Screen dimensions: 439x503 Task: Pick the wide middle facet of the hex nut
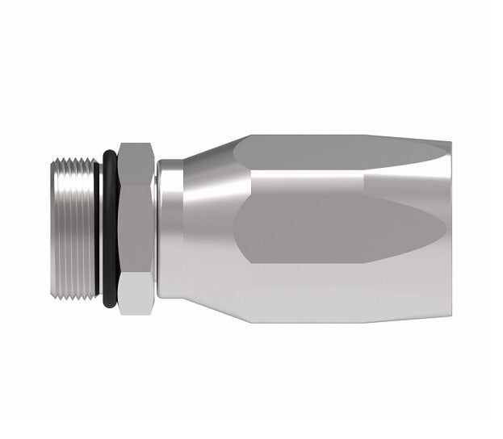pyautogui.click(x=134, y=226)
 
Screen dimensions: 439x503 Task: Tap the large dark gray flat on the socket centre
pyautogui.click(x=323, y=230)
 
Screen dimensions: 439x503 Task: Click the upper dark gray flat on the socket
pyautogui.click(x=339, y=153)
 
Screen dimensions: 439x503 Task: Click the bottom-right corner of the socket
pyautogui.click(x=449, y=320)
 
